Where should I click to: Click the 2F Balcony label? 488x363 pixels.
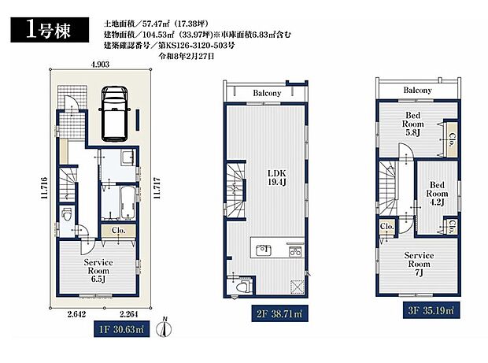click(267, 94)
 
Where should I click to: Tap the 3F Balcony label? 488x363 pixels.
click(418, 91)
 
